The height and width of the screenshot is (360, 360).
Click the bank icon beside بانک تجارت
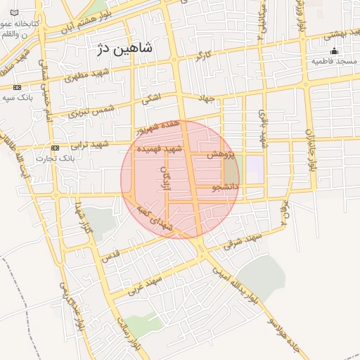pyautogui.click(x=56, y=148)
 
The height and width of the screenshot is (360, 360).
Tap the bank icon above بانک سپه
pyautogui.click(x=17, y=87)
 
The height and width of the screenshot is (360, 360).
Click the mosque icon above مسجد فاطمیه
pyautogui.click(x=334, y=51)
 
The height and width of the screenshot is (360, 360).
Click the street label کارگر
pyautogui.click(x=204, y=55)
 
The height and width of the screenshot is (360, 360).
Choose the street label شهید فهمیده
pyautogui.click(x=160, y=150)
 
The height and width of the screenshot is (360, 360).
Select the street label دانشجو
pyautogui.click(x=226, y=188)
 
